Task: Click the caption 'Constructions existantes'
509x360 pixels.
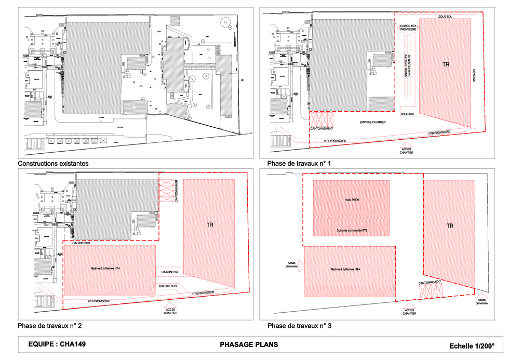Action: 53,164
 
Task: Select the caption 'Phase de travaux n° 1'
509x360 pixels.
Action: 299,164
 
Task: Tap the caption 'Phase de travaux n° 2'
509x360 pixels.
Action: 49,326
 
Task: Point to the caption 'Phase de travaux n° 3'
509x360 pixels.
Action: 299,326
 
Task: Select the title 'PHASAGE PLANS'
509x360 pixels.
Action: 249,344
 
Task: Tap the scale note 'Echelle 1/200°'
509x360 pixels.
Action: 472,346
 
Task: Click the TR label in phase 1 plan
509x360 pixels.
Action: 445,65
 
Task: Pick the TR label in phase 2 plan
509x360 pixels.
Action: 210,225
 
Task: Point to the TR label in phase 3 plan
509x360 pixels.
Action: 450,226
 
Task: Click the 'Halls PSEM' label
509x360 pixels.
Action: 352,199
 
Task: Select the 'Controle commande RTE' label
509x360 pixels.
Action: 352,230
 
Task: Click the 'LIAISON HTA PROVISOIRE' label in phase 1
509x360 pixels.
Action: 408,28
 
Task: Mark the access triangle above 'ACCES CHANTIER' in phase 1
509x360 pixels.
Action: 407,145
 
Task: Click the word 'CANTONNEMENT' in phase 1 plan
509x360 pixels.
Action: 322,128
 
